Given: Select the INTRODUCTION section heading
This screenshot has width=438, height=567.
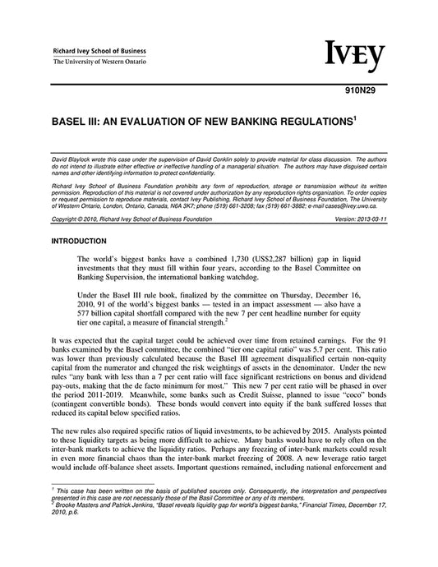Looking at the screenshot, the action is (79, 241).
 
